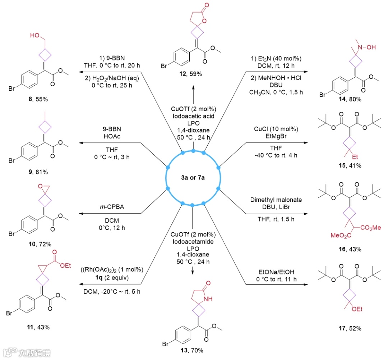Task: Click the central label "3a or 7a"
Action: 193,178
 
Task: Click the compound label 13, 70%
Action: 193,350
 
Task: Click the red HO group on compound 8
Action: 35,36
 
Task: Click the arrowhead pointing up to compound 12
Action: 193,87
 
